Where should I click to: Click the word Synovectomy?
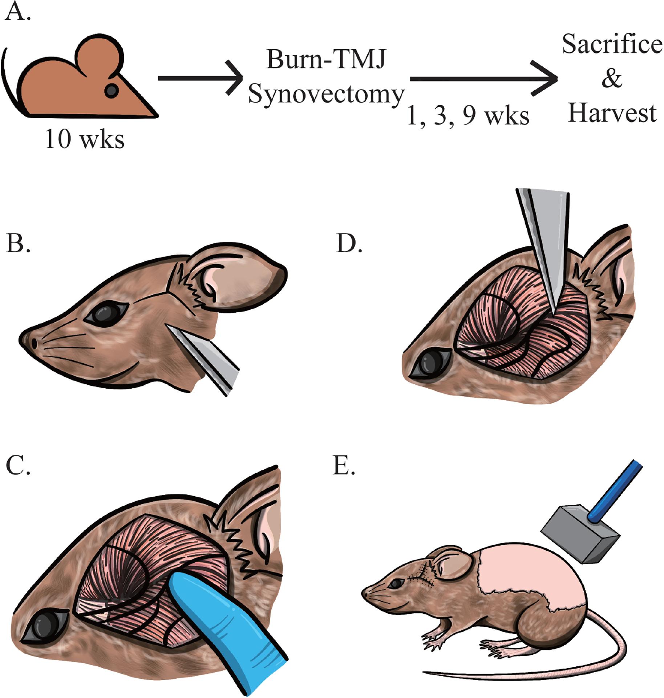326,95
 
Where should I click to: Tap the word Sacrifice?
612,44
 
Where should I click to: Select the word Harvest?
612,113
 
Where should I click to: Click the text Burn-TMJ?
326,59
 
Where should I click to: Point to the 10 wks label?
85,139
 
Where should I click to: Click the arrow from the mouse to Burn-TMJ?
200,78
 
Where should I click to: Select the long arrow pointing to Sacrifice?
483,79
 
